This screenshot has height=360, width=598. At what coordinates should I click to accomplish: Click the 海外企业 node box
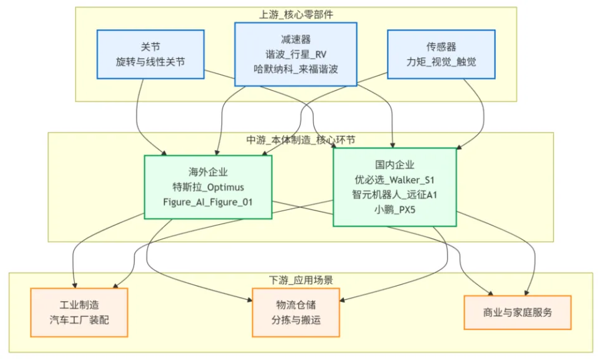(x=208, y=187)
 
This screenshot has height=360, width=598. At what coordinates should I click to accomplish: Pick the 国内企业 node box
(x=394, y=187)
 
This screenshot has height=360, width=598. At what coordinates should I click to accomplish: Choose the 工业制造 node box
(x=79, y=312)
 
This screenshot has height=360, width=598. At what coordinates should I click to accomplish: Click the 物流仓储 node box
(x=296, y=312)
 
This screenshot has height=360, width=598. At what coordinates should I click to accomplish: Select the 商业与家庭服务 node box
(x=518, y=311)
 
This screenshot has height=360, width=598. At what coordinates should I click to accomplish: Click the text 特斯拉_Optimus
(x=208, y=187)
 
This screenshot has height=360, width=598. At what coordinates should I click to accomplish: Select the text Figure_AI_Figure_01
(x=208, y=202)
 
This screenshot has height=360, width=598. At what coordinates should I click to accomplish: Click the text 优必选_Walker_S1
(x=394, y=179)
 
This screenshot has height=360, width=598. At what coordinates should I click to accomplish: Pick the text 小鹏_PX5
(x=394, y=210)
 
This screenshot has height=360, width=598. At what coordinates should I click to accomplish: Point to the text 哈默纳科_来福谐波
(x=295, y=69)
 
